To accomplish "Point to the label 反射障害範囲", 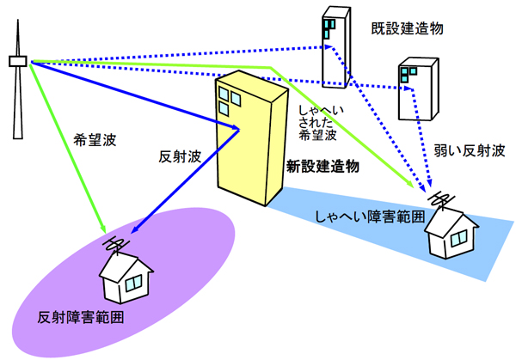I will tap(81, 317).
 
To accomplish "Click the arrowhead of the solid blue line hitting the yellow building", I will tap(236, 129).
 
